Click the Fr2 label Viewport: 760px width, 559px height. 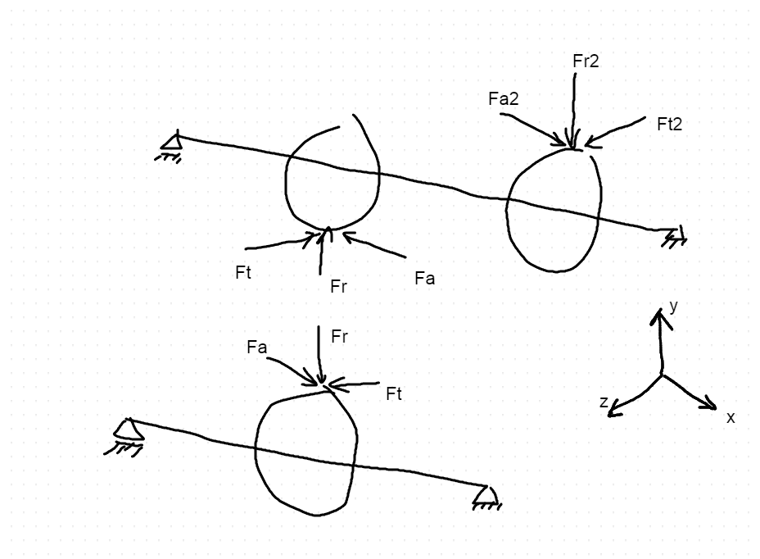pos(586,61)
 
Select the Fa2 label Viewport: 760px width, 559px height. pos(503,99)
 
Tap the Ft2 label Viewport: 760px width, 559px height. pos(669,125)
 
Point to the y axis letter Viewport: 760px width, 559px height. pos(673,307)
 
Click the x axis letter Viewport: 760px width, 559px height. pos(731,417)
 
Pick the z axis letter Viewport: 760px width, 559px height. pos(604,402)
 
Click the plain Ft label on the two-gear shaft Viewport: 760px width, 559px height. pos(243,273)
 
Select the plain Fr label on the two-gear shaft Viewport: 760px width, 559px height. pos(338,286)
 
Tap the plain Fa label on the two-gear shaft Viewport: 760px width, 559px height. pos(424,279)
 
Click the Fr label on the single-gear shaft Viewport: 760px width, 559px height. pos(339,337)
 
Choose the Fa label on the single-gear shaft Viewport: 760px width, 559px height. pos(256,348)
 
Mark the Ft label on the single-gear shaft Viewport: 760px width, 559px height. pos(394,394)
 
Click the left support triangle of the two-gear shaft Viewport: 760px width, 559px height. pos(171,142)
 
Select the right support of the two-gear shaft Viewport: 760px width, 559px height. pos(675,237)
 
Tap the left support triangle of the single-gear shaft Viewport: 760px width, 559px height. pos(128,429)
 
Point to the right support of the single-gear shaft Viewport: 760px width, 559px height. pos(487,496)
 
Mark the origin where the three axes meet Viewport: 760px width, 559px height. pos(662,375)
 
